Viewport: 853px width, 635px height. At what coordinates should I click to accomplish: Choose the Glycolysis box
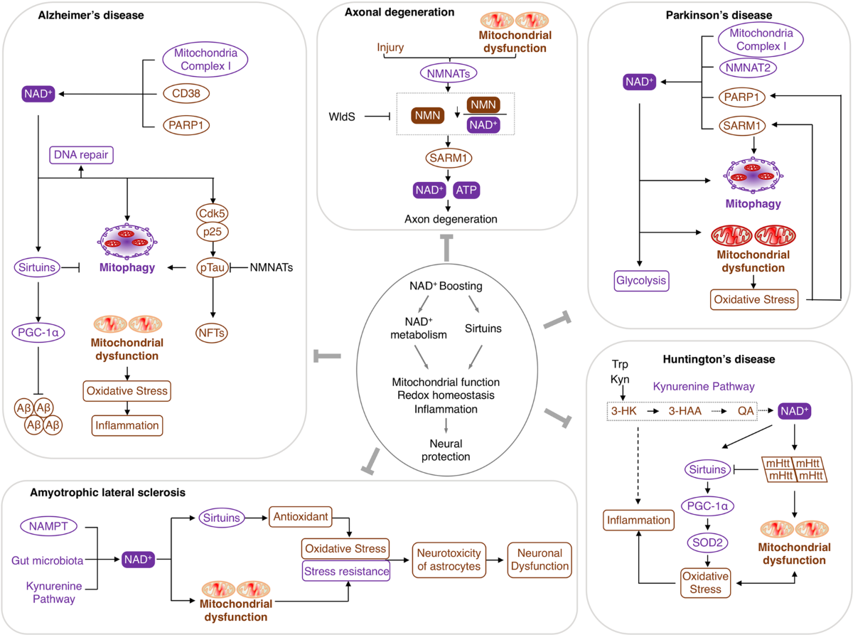(x=643, y=281)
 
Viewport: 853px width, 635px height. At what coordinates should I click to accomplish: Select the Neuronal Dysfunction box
(x=538, y=560)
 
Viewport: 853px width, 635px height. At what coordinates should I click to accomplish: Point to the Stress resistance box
(x=345, y=570)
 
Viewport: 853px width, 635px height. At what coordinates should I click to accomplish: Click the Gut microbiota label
(x=48, y=560)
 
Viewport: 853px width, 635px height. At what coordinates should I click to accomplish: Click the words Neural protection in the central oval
(x=445, y=449)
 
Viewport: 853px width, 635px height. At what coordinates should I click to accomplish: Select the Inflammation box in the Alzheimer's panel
(x=126, y=425)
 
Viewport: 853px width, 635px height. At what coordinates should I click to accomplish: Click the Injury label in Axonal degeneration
(x=390, y=48)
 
